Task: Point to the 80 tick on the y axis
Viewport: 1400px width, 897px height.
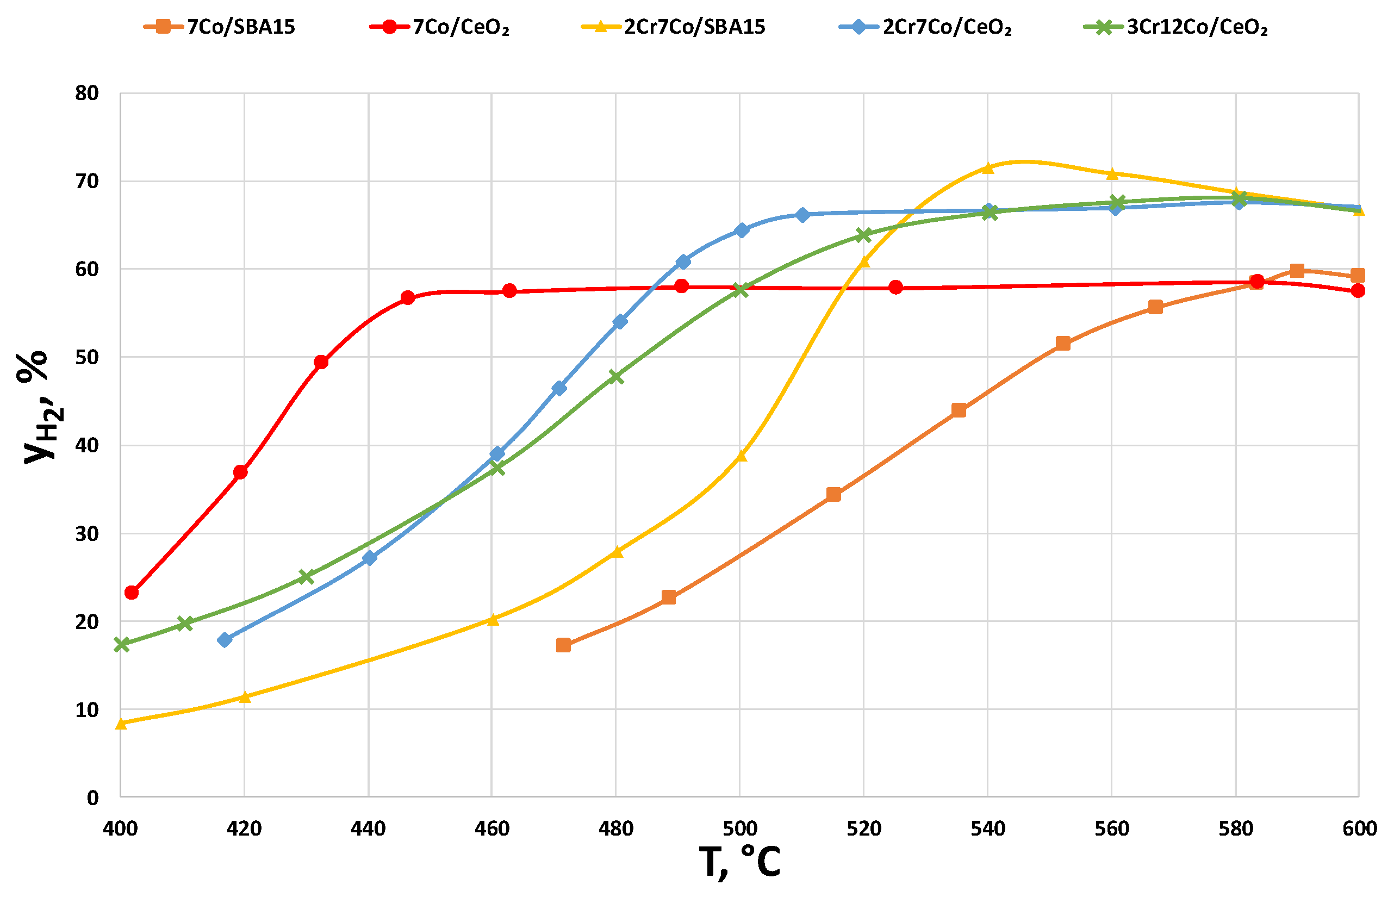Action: [87, 93]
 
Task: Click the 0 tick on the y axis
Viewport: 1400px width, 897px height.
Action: [92, 798]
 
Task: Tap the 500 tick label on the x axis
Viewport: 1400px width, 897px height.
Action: [739, 829]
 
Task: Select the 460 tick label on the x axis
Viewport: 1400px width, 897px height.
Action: [491, 829]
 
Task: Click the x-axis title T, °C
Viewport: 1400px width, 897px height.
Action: [739, 862]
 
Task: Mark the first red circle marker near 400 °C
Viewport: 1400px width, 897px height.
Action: [132, 593]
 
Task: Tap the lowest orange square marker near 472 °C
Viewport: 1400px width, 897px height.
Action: [563, 645]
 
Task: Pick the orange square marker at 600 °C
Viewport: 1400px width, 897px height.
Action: [1358, 276]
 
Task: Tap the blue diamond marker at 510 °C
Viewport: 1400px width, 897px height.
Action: [802, 215]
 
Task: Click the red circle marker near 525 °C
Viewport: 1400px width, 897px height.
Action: [895, 287]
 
